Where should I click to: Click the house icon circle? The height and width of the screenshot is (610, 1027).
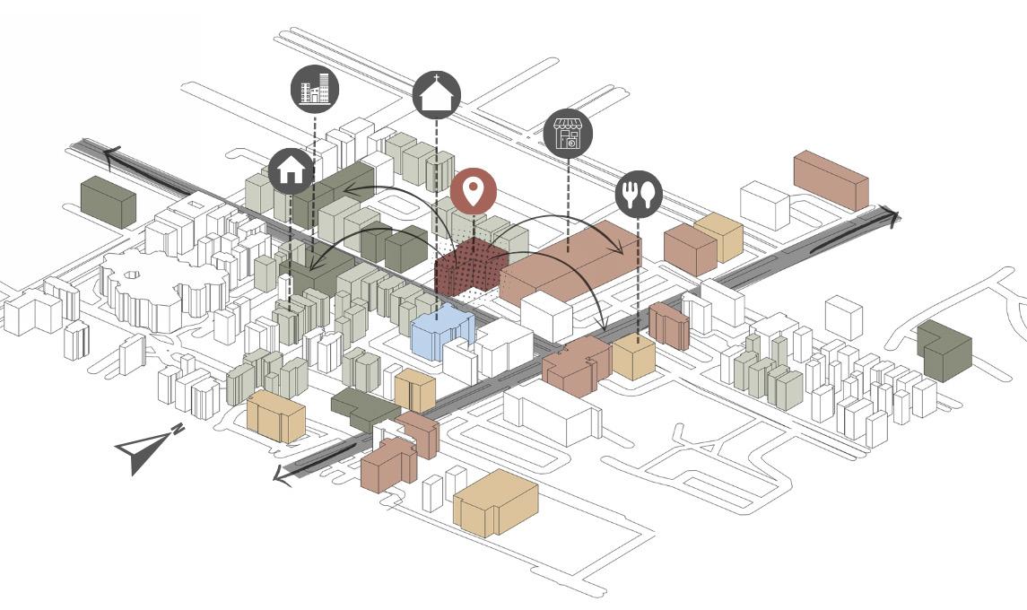coord(292,170)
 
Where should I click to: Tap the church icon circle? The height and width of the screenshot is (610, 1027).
coord(437,95)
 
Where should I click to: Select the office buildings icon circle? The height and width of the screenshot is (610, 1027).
coord(315,90)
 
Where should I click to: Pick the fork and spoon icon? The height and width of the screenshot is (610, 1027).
coord(639,195)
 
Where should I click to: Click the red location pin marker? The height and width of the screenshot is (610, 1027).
coord(474,191)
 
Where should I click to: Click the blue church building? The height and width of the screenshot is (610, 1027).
coord(441,335)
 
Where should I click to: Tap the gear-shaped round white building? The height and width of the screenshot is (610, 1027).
coord(161,287)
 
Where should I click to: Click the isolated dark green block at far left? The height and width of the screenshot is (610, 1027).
coord(108,201)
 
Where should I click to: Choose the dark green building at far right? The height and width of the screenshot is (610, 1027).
coord(944,348)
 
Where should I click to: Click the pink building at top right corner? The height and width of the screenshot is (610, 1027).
coord(831,179)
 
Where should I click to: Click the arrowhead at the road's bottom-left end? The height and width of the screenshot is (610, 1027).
coord(283,474)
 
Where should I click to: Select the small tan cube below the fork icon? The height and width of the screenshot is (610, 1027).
coord(633,358)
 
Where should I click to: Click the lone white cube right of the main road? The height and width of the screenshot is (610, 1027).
coord(843,318)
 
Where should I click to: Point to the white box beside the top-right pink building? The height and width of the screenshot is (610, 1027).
coord(764,205)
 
